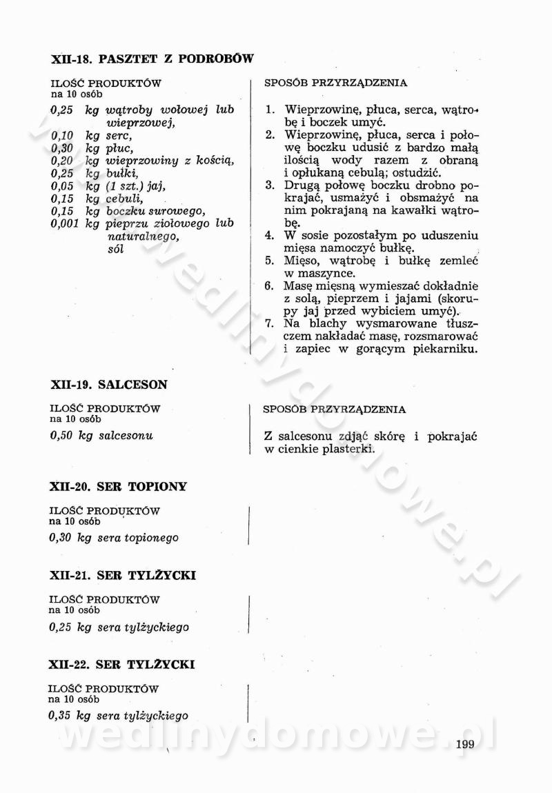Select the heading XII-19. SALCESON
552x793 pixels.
[x=109, y=384]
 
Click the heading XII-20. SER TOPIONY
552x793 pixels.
[x=119, y=486]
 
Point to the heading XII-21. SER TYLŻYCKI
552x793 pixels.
[x=123, y=575]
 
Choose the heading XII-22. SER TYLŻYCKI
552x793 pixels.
[x=122, y=664]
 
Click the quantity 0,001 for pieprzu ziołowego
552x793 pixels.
[x=64, y=223]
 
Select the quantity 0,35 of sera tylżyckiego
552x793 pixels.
[x=60, y=716]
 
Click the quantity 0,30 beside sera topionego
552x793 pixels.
[x=60, y=537]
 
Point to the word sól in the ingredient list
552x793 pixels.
[x=116, y=249]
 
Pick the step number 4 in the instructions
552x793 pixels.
[x=270, y=235]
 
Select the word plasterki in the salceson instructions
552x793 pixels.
[x=344, y=450]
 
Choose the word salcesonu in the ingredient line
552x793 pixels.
[x=126, y=436]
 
